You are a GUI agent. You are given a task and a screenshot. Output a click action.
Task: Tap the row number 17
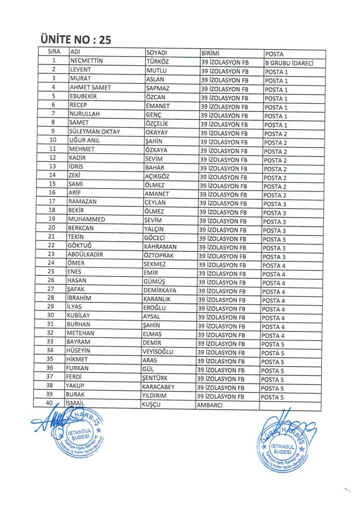click(52, 202)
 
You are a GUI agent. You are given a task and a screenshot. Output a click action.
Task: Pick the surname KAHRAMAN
click(160, 247)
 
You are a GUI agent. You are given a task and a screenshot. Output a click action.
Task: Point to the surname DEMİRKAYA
click(160, 290)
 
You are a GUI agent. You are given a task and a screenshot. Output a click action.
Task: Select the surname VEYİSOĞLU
click(158, 352)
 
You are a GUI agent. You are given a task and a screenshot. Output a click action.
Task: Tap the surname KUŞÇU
click(153, 405)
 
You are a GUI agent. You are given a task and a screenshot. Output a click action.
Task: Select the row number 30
click(50, 316)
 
